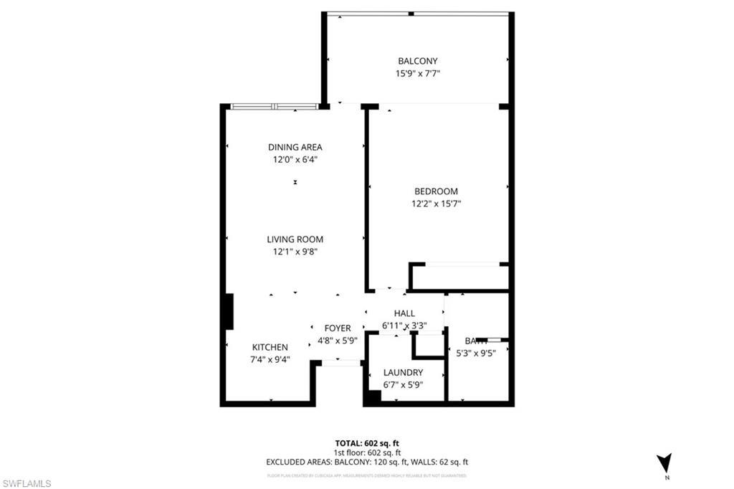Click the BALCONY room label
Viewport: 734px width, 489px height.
coord(418,61)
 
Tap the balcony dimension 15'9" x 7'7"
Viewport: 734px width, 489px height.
coord(418,72)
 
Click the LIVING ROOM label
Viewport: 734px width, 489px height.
coord(295,239)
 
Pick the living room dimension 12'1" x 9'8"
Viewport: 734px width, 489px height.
coord(295,252)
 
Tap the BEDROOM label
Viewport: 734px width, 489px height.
coord(436,191)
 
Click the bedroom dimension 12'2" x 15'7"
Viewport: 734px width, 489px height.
coord(436,204)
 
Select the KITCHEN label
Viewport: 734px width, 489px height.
coord(270,347)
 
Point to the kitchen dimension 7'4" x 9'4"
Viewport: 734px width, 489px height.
coord(270,359)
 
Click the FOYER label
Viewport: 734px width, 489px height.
coord(338,328)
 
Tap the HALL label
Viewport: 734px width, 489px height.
coord(405,313)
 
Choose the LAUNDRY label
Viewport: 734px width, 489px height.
coord(403,373)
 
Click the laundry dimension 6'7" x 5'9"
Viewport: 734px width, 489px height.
coord(403,384)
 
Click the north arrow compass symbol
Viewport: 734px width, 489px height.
coord(664,464)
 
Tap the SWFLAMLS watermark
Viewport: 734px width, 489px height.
coord(27,484)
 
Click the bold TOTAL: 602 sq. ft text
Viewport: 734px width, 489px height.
coord(366,443)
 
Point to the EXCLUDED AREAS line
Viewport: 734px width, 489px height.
coord(366,462)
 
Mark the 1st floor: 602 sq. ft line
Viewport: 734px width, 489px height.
coord(366,452)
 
